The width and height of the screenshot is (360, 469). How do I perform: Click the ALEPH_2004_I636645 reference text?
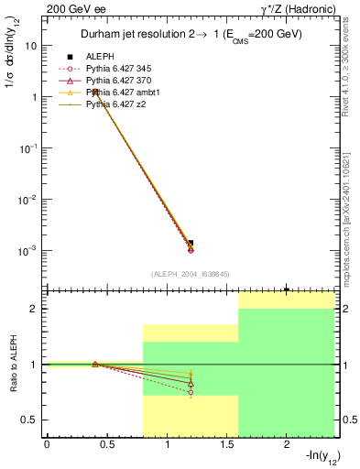(190, 273)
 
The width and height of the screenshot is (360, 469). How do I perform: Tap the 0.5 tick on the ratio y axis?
(31, 420)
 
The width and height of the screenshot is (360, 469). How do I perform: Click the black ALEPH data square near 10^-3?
(191, 243)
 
